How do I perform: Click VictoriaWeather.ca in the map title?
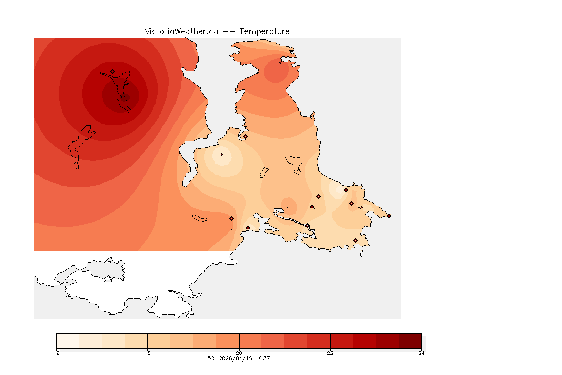pos(181,31)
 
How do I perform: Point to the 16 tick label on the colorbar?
pos(57,353)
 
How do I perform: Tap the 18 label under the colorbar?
pos(147,353)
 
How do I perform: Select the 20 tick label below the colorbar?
pos(239,353)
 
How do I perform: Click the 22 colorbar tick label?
pos(330,353)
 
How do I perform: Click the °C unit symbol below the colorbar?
pos(211,358)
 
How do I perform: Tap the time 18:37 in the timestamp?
pos(263,358)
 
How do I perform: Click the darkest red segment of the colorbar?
pos(410,340)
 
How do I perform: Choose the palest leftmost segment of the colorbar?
pos(68,340)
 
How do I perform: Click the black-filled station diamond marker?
pos(346,190)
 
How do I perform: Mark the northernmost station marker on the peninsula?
pos(281,61)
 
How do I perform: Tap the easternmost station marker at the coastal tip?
pos(389,215)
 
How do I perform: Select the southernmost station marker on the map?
pos(355,240)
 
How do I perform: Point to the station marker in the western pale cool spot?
pos(221,154)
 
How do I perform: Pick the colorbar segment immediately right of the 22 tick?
pos(341,340)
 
